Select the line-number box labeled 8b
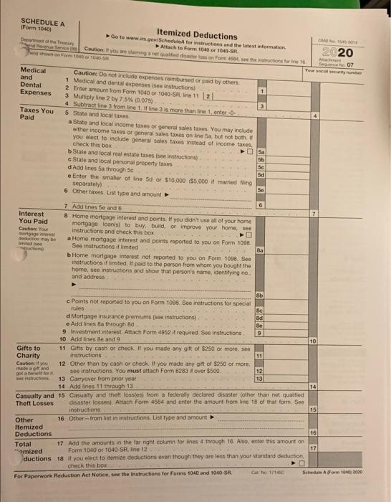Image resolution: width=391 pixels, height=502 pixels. [261, 316]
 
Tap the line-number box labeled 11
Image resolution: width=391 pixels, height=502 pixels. [261, 354]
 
